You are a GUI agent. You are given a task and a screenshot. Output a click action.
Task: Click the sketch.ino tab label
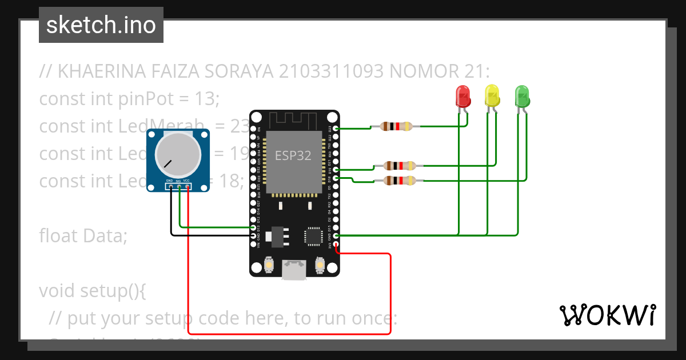(101, 25)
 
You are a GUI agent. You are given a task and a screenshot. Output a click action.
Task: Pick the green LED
(522, 96)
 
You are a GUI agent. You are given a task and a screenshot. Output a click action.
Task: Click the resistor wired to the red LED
(396, 126)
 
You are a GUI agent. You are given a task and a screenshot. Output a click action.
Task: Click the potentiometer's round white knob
(178, 154)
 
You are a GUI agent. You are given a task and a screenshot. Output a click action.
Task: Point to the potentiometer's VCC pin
(188, 187)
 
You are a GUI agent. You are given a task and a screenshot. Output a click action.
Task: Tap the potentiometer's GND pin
(170, 187)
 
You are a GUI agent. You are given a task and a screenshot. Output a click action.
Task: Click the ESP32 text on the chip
(293, 155)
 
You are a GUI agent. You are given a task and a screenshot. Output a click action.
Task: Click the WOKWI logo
(607, 315)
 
